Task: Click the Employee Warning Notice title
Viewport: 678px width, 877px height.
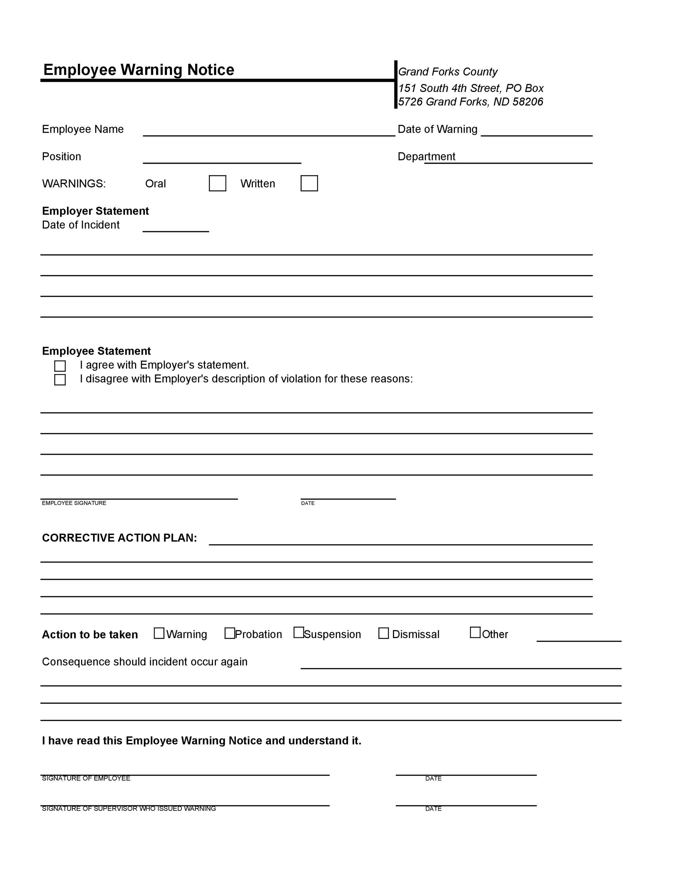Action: click(x=139, y=70)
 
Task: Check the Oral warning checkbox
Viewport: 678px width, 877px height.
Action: click(x=217, y=183)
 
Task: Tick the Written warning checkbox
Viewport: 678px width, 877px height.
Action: click(x=309, y=183)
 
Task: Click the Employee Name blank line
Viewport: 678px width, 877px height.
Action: click(x=269, y=131)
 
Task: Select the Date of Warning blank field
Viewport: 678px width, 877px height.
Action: click(x=536, y=131)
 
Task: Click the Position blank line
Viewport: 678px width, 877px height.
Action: click(x=222, y=159)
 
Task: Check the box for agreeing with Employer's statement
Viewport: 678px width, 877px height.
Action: click(x=60, y=366)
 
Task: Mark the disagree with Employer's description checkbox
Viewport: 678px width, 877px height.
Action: click(x=60, y=380)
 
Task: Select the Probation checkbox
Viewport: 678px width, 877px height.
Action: click(x=230, y=633)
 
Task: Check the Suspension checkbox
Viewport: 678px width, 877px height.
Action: click(x=298, y=632)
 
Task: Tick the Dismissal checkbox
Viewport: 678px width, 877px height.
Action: click(x=384, y=633)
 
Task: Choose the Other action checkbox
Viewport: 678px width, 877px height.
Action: click(x=475, y=632)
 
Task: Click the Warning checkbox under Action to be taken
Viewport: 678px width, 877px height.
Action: click(x=159, y=633)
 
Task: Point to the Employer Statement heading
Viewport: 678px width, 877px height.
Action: click(x=95, y=211)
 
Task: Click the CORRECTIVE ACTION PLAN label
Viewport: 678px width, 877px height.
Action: click(x=119, y=538)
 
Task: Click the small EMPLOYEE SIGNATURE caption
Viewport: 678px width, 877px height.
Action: click(x=74, y=503)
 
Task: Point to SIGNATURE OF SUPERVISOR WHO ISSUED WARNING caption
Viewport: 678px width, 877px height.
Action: click(x=128, y=809)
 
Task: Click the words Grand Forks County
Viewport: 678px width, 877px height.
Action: click(x=447, y=72)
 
